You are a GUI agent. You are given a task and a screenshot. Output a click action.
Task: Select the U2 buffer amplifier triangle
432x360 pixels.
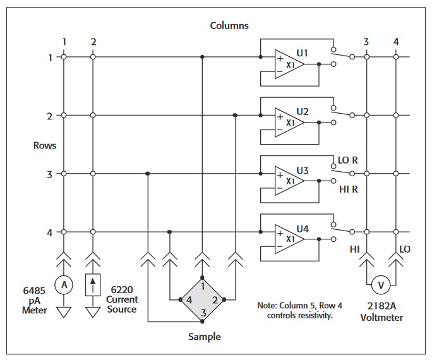coord(287,123)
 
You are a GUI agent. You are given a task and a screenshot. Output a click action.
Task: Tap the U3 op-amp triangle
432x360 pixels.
coord(287,181)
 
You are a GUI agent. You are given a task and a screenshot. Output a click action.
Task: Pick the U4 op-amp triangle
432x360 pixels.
coord(287,239)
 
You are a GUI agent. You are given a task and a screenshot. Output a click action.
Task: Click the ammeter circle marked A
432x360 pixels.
coord(63,285)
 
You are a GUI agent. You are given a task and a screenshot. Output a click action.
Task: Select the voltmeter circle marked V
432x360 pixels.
coord(381,285)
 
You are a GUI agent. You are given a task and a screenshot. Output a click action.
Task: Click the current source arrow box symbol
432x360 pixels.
coord(93,286)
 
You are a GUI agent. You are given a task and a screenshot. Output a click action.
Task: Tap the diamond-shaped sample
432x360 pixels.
coord(202,299)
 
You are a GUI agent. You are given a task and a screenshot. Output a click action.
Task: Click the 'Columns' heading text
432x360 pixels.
coord(229,26)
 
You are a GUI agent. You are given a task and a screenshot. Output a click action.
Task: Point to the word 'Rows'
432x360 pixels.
coord(45,145)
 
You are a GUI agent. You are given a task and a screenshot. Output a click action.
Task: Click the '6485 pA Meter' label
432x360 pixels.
coord(35,300)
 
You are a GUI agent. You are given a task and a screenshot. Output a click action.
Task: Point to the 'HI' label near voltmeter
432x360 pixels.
coord(355,249)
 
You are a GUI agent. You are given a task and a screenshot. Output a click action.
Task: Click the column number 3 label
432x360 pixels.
coord(366,42)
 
